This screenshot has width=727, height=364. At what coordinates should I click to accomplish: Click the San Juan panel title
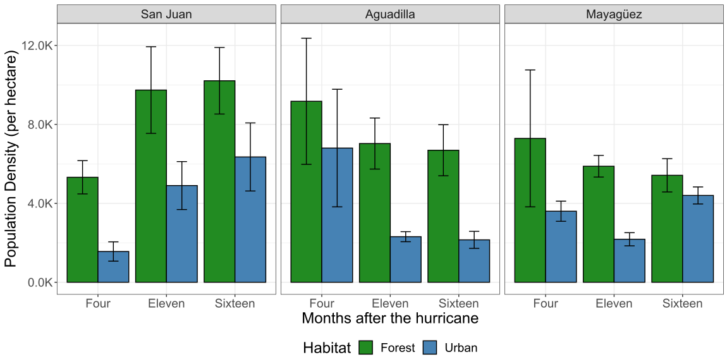click(166, 14)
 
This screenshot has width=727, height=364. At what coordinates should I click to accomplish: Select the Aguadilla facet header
click(390, 14)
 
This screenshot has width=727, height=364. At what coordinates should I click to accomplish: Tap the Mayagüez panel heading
click(614, 14)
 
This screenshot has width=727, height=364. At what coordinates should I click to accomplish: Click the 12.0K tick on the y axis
click(38, 45)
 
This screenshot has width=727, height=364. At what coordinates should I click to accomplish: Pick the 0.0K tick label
click(41, 282)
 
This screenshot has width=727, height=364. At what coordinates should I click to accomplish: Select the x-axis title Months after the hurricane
click(390, 318)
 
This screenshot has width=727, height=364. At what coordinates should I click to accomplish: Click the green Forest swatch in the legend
click(367, 348)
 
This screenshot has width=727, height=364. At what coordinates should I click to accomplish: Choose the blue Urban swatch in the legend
click(431, 348)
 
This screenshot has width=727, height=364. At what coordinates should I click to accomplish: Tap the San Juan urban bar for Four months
click(113, 267)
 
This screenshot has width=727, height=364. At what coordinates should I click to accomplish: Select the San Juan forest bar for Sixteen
click(219, 183)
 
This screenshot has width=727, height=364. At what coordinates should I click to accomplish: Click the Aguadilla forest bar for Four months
click(306, 193)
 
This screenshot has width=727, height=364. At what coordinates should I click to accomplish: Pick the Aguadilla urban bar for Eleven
click(405, 260)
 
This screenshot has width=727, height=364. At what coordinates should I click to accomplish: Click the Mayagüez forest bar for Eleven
click(599, 224)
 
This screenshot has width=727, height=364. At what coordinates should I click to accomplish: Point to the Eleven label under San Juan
click(166, 303)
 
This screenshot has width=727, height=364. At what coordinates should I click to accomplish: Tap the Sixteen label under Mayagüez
click(682, 303)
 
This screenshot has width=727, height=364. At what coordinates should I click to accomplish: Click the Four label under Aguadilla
click(322, 303)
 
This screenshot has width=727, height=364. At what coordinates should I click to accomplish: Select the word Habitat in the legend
click(327, 348)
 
